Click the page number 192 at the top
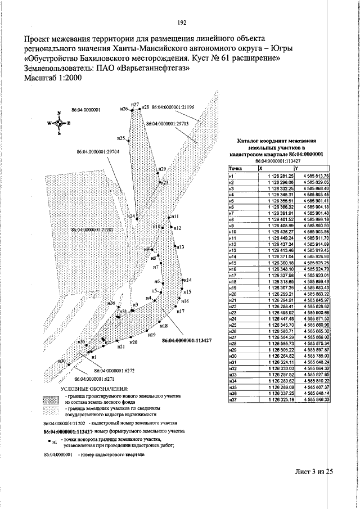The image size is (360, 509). point(182,23)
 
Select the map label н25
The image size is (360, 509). point(121,138)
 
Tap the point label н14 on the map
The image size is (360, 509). point(187,280)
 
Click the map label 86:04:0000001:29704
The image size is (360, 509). point(96,152)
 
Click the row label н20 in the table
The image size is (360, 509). point(232,294)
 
